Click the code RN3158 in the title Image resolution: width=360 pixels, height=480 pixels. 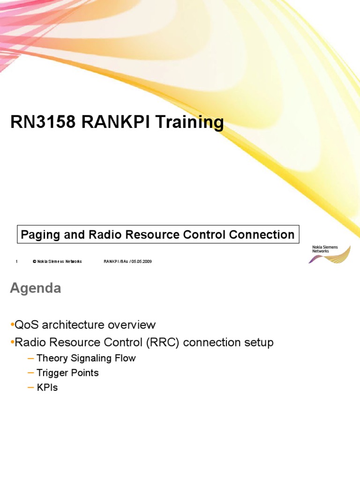click(42, 123)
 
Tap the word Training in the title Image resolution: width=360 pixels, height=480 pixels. click(189, 123)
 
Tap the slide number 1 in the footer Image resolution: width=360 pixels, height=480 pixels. click(16, 262)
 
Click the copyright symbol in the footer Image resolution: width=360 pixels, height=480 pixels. click(34, 262)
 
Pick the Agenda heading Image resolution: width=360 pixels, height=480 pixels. click(36, 288)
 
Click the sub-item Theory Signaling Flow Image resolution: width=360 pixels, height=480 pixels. click(86, 359)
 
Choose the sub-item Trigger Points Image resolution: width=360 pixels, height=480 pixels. click(67, 373)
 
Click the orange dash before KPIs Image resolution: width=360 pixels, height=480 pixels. click(31, 388)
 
